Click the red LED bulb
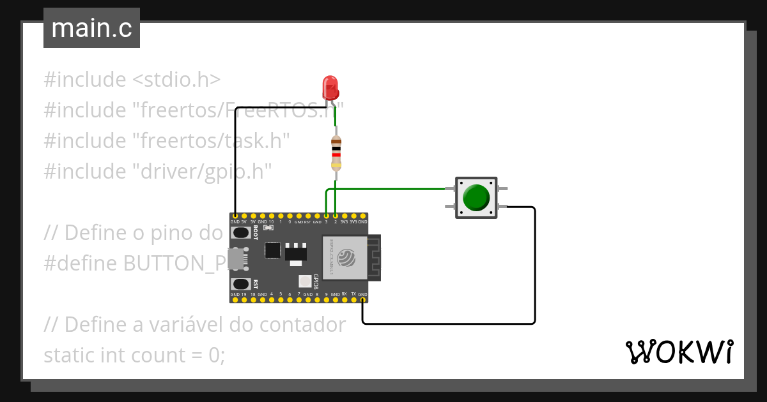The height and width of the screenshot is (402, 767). point(330,87)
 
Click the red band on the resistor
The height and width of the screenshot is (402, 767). point(336,154)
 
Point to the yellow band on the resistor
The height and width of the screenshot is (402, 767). point(336,165)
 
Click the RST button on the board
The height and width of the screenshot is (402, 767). point(241,284)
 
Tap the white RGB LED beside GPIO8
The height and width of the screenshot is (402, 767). point(304,281)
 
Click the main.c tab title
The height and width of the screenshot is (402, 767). point(91,29)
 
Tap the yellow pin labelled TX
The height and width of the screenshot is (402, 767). point(353,299)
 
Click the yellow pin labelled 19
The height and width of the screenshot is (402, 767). point(244,299)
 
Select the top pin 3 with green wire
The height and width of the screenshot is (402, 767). point(326,216)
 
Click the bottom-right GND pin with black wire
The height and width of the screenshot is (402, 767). point(362,299)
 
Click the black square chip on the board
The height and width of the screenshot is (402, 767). point(273,249)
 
